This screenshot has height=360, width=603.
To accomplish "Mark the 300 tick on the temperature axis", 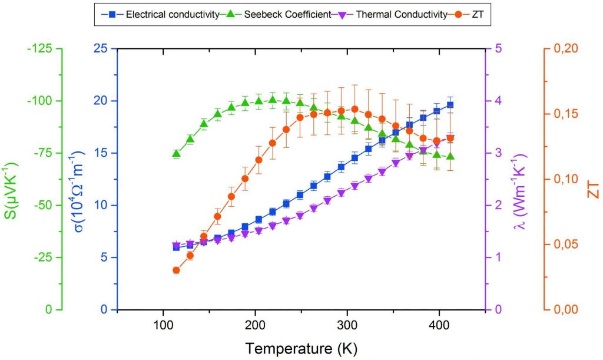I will [x=347, y=325].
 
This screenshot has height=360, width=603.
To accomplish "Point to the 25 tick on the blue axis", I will [x=100, y=48].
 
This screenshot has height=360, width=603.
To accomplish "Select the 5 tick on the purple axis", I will [x=498, y=48].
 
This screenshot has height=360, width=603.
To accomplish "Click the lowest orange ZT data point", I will [x=176, y=270].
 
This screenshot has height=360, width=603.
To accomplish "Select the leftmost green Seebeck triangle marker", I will [x=176, y=154].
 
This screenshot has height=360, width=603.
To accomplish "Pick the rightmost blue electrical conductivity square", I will [x=450, y=105].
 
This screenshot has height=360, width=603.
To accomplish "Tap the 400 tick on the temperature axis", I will [x=439, y=325].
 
